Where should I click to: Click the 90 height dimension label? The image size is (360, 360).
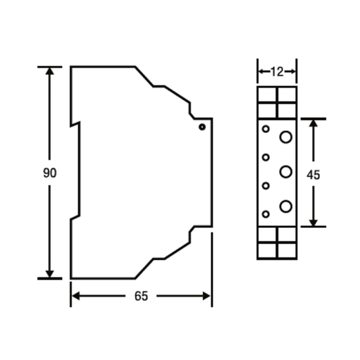pyautogui.click(x=50, y=173)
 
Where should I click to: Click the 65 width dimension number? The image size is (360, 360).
pyautogui.click(x=141, y=296)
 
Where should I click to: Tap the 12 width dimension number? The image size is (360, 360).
pyautogui.click(x=277, y=72)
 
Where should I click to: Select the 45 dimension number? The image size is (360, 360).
pyautogui.click(x=313, y=175)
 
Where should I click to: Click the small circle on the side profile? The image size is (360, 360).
pyautogui.click(x=202, y=127)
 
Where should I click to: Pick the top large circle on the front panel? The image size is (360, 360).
pyautogui.click(x=286, y=137)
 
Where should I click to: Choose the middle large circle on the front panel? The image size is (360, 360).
pyautogui.click(x=286, y=172)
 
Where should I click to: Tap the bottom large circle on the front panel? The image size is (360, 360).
pyautogui.click(x=286, y=206)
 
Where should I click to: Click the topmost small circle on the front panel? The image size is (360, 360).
pyautogui.click(x=266, y=129)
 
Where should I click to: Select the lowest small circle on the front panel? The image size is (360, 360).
pyautogui.click(x=266, y=214)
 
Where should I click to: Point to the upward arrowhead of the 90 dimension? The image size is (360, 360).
pyautogui.click(x=50, y=71)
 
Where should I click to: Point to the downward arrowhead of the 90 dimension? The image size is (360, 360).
pyautogui.click(x=50, y=274)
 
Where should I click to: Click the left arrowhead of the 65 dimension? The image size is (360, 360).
pyautogui.click(x=76, y=296)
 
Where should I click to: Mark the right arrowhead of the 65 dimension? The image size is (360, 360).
pyautogui.click(x=206, y=296)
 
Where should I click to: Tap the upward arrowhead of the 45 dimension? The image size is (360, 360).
pyautogui.click(x=313, y=123)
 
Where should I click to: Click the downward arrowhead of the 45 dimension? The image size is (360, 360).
pyautogui.click(x=313, y=223)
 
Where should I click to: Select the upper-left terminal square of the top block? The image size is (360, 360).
pyautogui.click(x=267, y=95)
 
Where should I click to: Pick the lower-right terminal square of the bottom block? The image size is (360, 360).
pyautogui.click(x=287, y=250)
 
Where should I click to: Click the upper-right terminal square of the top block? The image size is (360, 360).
pyautogui.click(x=287, y=95)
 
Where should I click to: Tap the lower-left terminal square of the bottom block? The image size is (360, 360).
pyautogui.click(x=267, y=250)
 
